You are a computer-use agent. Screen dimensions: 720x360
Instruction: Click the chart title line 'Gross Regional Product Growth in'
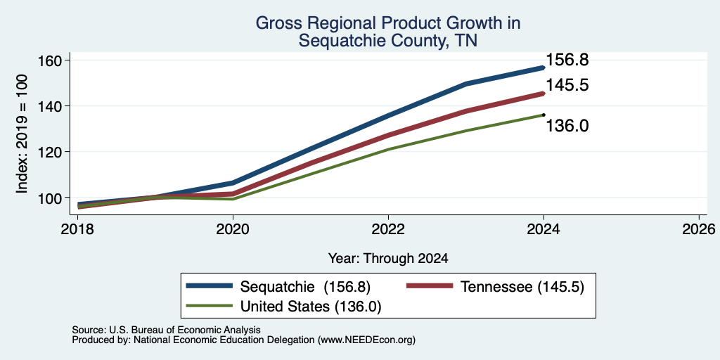[x=388, y=23]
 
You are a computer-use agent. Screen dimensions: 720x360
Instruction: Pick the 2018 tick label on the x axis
[x=77, y=229]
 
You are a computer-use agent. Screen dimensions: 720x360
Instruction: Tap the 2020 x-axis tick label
[x=233, y=229]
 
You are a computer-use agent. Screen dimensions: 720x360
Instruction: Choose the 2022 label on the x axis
[x=388, y=229]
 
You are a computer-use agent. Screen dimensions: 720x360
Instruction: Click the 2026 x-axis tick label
[x=699, y=229]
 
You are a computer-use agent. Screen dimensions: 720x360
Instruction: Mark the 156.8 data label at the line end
[x=567, y=59]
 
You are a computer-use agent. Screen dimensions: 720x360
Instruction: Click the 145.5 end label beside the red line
[x=567, y=85]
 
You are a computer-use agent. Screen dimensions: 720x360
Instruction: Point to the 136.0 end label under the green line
[x=567, y=125]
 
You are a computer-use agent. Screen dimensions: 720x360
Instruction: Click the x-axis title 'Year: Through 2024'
[x=388, y=259]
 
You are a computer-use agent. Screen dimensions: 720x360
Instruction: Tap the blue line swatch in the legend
[x=209, y=286]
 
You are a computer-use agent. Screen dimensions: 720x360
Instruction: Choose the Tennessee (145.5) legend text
[x=522, y=287]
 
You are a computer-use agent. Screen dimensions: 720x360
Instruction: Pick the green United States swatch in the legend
[x=209, y=305]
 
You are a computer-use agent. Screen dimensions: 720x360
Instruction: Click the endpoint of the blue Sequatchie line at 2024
[x=544, y=67]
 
